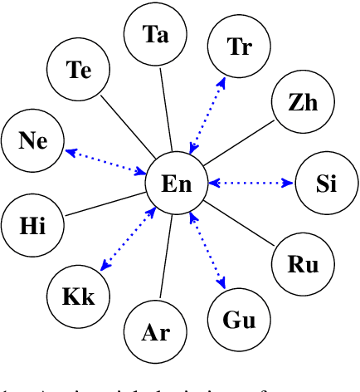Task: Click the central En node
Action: [176, 183]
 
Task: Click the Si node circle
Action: [326, 184]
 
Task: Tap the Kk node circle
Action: [78, 296]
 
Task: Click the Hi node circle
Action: [32, 224]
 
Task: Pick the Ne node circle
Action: [33, 140]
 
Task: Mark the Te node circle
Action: [79, 71]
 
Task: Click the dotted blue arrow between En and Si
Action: [250, 183]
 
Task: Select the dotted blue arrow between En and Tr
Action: [207, 115]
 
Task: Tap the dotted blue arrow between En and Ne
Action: [105, 161]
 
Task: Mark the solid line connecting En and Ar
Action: [165, 257]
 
